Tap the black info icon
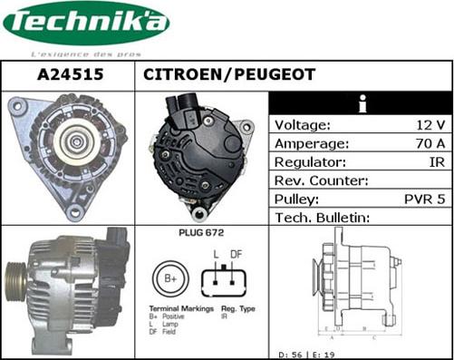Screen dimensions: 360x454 click(361, 102)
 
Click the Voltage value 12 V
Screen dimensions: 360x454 click(430, 125)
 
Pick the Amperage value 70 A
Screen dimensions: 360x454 click(429, 143)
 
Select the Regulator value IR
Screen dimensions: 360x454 click(436, 161)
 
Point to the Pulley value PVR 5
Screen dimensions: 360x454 click(424, 199)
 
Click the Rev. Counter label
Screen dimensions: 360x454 click(316, 180)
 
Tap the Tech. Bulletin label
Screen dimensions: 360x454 click(322, 218)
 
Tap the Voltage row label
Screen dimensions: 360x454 click(303, 125)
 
